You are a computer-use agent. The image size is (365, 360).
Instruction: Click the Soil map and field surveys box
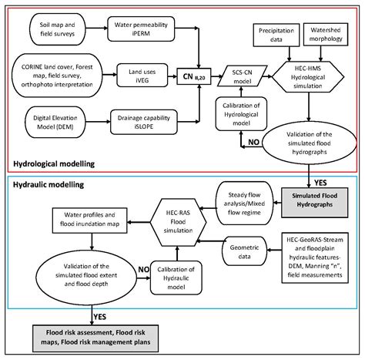point(53,32)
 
